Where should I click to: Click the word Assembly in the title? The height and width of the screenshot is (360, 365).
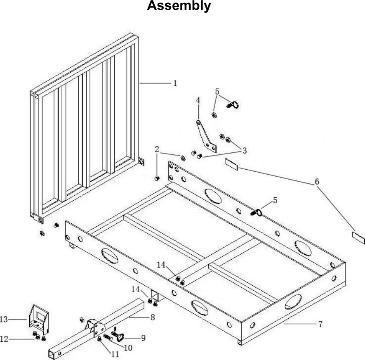pos(179,6)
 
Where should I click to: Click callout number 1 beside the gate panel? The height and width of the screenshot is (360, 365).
pos(175,83)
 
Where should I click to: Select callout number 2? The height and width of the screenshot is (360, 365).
pos(157,149)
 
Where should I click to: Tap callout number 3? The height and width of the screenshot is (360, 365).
pos(245,151)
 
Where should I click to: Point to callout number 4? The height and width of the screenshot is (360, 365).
pos(198,100)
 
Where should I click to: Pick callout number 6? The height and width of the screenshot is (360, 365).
pos(317,181)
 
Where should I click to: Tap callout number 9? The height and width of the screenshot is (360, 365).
pos(143,338)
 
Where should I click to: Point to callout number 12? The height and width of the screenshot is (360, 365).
pos(4,339)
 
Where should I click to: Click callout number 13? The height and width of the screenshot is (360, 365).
pos(5,319)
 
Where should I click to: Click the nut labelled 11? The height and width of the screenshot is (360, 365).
pos(100,339)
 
